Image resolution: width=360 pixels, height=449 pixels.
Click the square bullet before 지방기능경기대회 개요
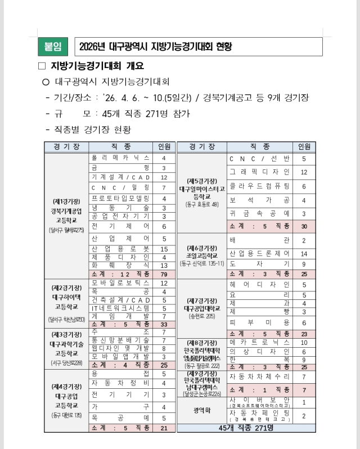coord(41,66)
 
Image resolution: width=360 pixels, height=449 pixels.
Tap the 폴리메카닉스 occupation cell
coord(120,158)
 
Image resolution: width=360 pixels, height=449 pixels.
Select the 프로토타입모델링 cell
coord(120,198)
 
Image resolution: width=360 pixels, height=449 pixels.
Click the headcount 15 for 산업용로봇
coord(164,249)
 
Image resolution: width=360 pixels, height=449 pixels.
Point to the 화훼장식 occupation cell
coord(120,265)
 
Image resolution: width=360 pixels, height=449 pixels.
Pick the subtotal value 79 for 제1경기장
coord(164,274)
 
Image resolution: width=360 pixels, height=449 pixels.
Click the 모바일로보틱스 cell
coord(120,282)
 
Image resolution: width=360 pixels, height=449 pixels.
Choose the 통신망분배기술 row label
coord(120,340)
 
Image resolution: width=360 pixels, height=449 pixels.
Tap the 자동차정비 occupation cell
coord(120,383)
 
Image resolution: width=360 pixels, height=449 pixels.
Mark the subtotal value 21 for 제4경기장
coord(164,428)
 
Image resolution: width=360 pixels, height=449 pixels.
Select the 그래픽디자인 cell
coord(259,172)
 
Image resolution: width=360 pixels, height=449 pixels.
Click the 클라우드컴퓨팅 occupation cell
coord(259,186)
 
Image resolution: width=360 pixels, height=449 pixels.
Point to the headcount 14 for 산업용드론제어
coord(304,254)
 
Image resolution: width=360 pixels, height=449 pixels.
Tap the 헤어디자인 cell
coord(259,285)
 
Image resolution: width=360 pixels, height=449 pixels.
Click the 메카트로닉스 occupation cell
coord(259,342)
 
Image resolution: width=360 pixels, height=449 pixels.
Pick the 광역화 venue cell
coord(201,410)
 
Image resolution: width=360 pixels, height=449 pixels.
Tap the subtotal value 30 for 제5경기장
coord(304,226)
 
